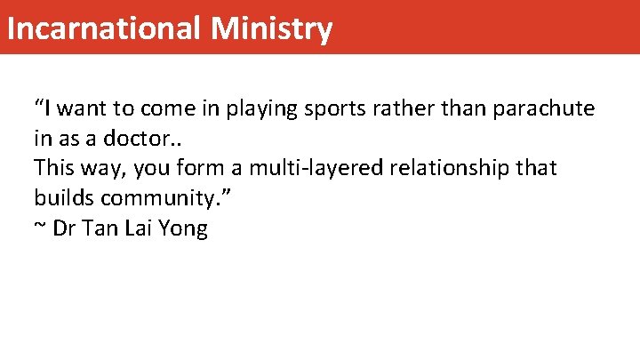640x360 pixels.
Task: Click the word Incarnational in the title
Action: [105, 28]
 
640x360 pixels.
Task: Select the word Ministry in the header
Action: [272, 28]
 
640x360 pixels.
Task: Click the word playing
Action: [262, 110]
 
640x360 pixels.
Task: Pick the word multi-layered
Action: [293, 169]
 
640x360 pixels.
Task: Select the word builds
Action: [60, 197]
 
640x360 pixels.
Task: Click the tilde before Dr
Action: [40, 228]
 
